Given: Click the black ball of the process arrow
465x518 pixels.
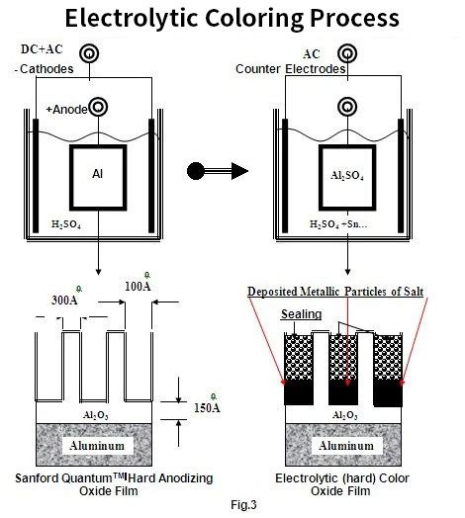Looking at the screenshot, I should point(196,171).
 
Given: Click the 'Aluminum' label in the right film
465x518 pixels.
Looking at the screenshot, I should point(343,445).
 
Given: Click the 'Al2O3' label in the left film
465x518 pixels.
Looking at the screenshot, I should point(96,414).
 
